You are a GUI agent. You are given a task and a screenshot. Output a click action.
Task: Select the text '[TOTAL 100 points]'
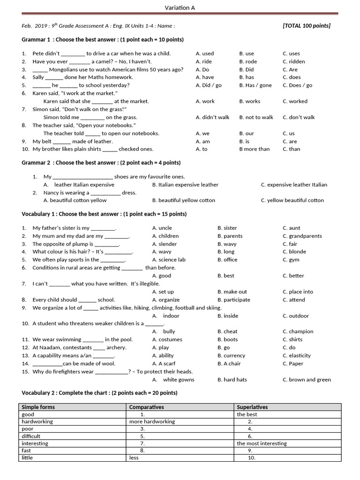pos(307,26)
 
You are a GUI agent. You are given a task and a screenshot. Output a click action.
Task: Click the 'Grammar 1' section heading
pos(103,39)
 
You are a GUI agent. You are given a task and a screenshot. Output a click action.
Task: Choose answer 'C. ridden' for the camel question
pos(294,61)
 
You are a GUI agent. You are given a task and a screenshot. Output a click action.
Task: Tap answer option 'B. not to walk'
pos(256,117)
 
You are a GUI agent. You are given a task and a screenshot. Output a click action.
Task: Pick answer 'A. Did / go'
pos(209,85)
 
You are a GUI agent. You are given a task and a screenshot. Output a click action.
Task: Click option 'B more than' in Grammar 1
pos(255,149)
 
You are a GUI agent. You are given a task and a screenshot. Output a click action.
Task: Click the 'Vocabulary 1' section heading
pos(104,214)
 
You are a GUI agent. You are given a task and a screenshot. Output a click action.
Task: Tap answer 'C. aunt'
pos(292,228)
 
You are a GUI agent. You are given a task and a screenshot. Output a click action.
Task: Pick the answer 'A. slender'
pos(165,244)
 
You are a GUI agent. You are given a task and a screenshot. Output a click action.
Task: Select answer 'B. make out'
pos(232,292)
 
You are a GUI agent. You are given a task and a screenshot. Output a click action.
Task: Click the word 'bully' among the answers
pos(169,331)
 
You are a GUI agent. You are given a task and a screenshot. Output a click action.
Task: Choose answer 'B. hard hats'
pos(232,380)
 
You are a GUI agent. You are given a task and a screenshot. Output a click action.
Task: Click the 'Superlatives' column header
pos(252,407)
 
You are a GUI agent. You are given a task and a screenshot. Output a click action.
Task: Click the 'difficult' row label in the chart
pos(31,436)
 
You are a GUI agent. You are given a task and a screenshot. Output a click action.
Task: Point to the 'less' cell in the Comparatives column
pos(134,457)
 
